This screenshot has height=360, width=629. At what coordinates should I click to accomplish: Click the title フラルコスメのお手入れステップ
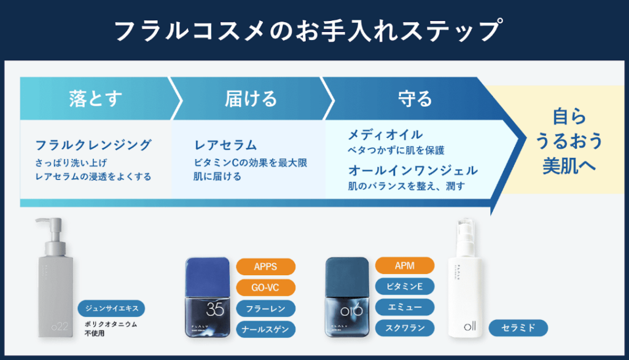tap(314, 30)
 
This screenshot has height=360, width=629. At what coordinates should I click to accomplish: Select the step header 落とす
tap(95, 98)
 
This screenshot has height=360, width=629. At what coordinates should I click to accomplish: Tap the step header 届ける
tap(251, 98)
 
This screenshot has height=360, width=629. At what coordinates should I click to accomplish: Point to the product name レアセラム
tap(225, 146)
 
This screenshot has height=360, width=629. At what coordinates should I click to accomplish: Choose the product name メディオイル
tap(385, 135)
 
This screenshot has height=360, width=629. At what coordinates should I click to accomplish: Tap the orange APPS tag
tap(265, 267)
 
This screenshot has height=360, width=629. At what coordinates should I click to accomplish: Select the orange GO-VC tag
tap(265, 287)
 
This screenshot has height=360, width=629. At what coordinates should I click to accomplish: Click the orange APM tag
tap(404, 265)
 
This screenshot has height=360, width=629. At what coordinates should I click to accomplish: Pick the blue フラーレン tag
tap(265, 308)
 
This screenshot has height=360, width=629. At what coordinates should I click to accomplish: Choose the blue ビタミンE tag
tap(404, 286)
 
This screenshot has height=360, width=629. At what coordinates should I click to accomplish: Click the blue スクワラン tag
tap(404, 327)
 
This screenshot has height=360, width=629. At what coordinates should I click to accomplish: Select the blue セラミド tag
tap(518, 328)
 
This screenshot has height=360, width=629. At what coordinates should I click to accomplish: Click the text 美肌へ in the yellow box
tap(569, 166)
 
